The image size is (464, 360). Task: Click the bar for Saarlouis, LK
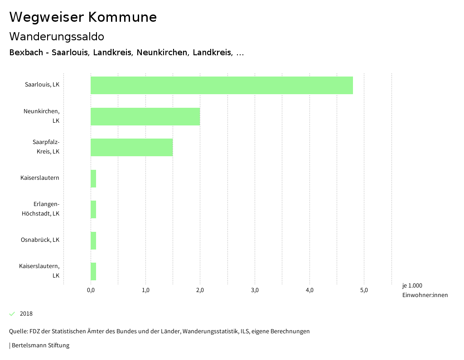point(222,85)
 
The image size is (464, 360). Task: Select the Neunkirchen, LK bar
point(145,116)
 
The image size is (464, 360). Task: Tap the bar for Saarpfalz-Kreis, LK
point(131,147)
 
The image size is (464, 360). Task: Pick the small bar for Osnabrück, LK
point(93,240)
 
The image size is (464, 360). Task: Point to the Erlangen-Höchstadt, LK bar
point(93,209)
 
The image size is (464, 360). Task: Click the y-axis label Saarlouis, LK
point(42,85)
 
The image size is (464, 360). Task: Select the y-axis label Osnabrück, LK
point(40,240)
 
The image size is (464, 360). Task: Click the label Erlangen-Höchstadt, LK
point(40,209)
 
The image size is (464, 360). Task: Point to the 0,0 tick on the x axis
point(91,290)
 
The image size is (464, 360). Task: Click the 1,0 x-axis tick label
point(145,290)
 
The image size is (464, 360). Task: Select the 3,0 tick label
point(255,290)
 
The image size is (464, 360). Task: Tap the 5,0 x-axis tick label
point(364,290)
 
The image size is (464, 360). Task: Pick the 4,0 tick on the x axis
point(309,290)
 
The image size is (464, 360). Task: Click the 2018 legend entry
point(26,314)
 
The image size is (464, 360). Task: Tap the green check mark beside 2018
point(12,314)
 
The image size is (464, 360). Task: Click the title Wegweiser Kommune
point(83,17)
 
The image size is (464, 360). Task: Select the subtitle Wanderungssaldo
point(57,36)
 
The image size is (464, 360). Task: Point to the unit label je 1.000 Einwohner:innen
point(425,290)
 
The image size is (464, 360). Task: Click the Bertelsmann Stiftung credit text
point(40,346)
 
